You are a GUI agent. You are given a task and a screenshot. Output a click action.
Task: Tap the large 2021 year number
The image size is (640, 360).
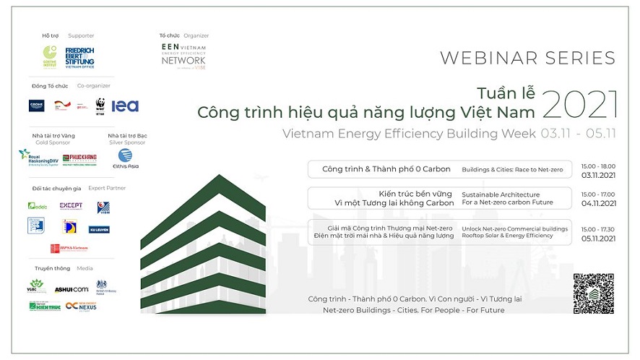[580, 106]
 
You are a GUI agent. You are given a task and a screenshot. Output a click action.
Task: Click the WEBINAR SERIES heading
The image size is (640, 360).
[527, 59]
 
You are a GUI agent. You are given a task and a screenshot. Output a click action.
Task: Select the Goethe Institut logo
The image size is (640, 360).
[50, 56]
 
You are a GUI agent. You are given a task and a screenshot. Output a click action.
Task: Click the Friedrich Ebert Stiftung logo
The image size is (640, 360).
[79, 56]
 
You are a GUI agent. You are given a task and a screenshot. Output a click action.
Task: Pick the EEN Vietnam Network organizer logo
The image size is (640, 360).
[183, 55]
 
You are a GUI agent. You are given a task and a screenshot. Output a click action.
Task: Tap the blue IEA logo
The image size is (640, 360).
[125, 106]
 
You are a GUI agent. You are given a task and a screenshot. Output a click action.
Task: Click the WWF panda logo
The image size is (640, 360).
[100, 106]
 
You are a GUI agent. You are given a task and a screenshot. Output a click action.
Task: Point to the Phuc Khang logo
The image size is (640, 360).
[80, 158]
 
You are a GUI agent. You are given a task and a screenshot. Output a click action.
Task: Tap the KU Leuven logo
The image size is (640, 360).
[99, 229]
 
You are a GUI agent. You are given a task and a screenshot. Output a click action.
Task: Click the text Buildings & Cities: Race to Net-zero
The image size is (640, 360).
[511, 169]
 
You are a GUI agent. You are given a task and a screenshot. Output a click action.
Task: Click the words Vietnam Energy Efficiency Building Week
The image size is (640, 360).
[410, 134]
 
